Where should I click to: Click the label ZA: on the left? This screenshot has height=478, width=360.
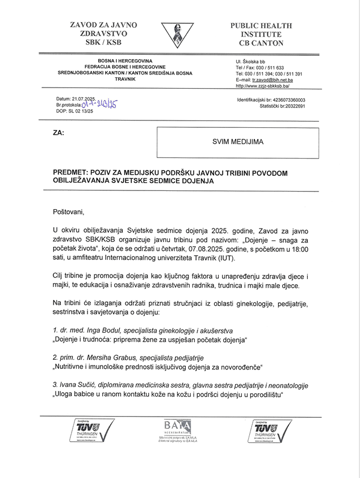click(x=58, y=132)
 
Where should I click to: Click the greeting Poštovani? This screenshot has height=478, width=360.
click(x=68, y=212)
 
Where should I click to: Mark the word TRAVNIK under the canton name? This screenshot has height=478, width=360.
click(x=125, y=79)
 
